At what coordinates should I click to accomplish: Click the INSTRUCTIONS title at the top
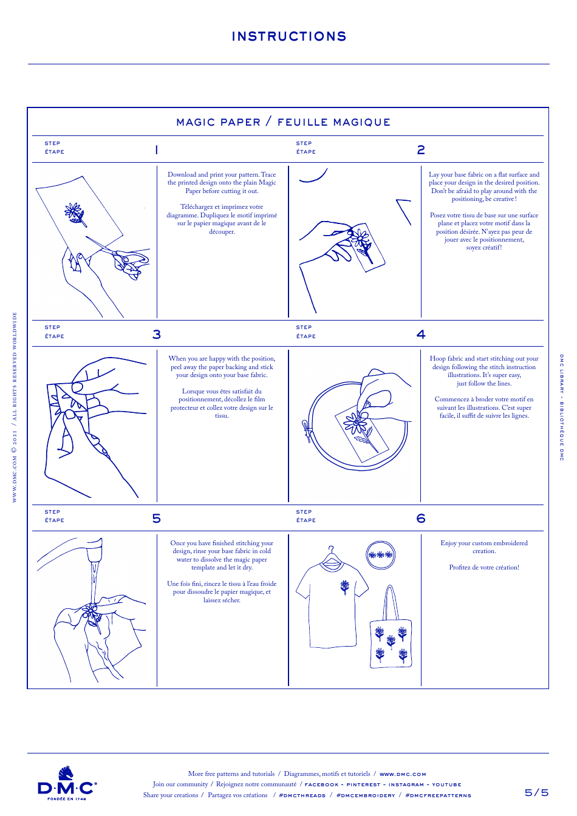point(289,36)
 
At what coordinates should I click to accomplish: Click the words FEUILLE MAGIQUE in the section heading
point(333,122)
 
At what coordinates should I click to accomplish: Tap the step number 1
point(157,150)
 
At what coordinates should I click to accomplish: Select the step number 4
point(421,335)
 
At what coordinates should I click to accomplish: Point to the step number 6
point(421,518)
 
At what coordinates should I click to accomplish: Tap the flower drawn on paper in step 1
point(75,213)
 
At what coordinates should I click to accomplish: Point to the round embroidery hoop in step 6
point(381,554)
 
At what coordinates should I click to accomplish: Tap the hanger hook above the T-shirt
point(331,549)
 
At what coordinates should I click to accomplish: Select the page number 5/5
point(536,792)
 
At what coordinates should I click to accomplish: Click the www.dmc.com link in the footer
point(403,774)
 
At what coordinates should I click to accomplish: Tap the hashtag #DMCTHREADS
point(302,795)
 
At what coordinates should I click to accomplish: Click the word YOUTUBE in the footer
point(446,784)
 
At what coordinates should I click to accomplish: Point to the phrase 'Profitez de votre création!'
point(484,567)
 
